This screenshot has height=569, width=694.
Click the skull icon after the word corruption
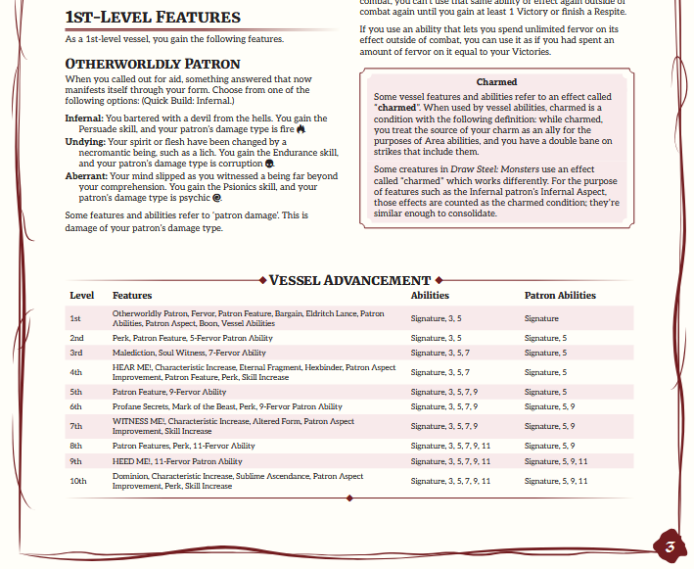[x=269, y=164]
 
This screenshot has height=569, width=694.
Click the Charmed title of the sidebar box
[x=496, y=82]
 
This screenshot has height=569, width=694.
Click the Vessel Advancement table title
[x=349, y=280]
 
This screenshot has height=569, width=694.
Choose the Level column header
[x=81, y=295]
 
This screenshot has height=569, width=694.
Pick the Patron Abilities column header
[x=559, y=295]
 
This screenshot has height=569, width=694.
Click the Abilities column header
[x=430, y=295]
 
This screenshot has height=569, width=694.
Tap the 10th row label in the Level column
[x=78, y=481]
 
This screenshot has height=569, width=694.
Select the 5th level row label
[x=76, y=392]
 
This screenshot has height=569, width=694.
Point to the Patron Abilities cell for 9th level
[x=555, y=461]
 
